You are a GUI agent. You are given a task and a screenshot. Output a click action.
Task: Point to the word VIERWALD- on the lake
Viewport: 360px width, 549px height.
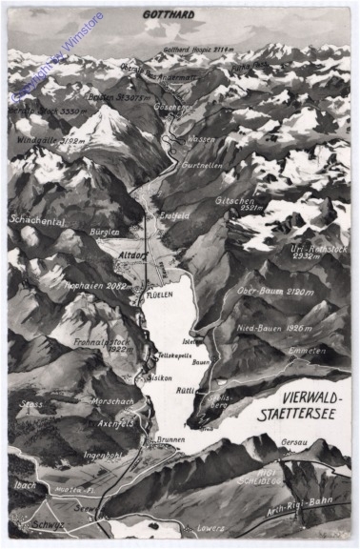[x=291, y=369]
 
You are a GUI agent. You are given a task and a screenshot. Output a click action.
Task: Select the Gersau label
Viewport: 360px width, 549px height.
[x=296, y=441]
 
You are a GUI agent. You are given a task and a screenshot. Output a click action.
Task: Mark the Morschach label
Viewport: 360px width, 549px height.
[x=111, y=401]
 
